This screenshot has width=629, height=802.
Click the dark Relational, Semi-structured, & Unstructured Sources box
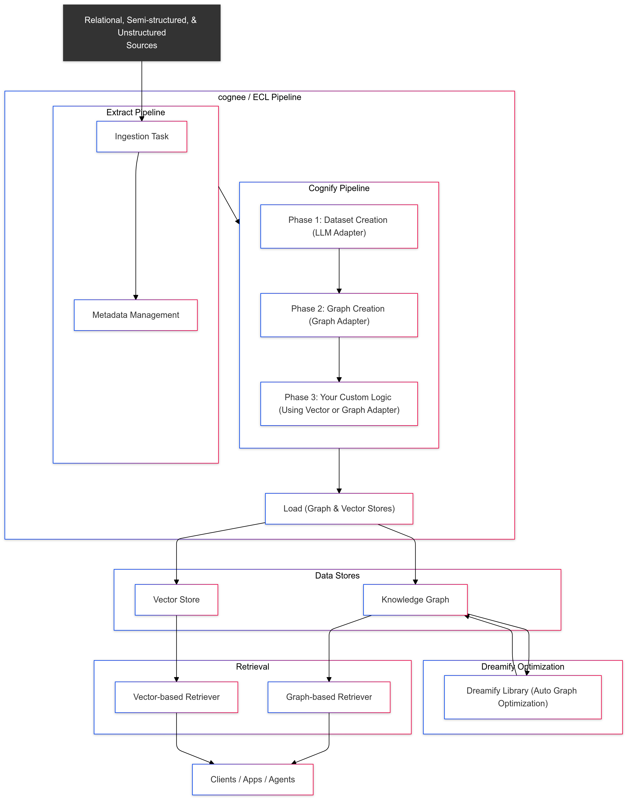pyautogui.click(x=141, y=33)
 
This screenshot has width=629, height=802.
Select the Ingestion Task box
pyautogui.click(x=141, y=137)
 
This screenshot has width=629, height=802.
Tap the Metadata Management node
pyautogui.click(x=136, y=315)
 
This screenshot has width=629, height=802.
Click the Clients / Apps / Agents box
pyautogui.click(x=253, y=780)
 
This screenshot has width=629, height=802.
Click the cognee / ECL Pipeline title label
pyautogui.click(x=259, y=97)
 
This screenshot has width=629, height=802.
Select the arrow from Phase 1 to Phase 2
pyautogui.click(x=339, y=270)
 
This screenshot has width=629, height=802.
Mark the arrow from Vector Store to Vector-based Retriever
pyautogui.click(x=176, y=648)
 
